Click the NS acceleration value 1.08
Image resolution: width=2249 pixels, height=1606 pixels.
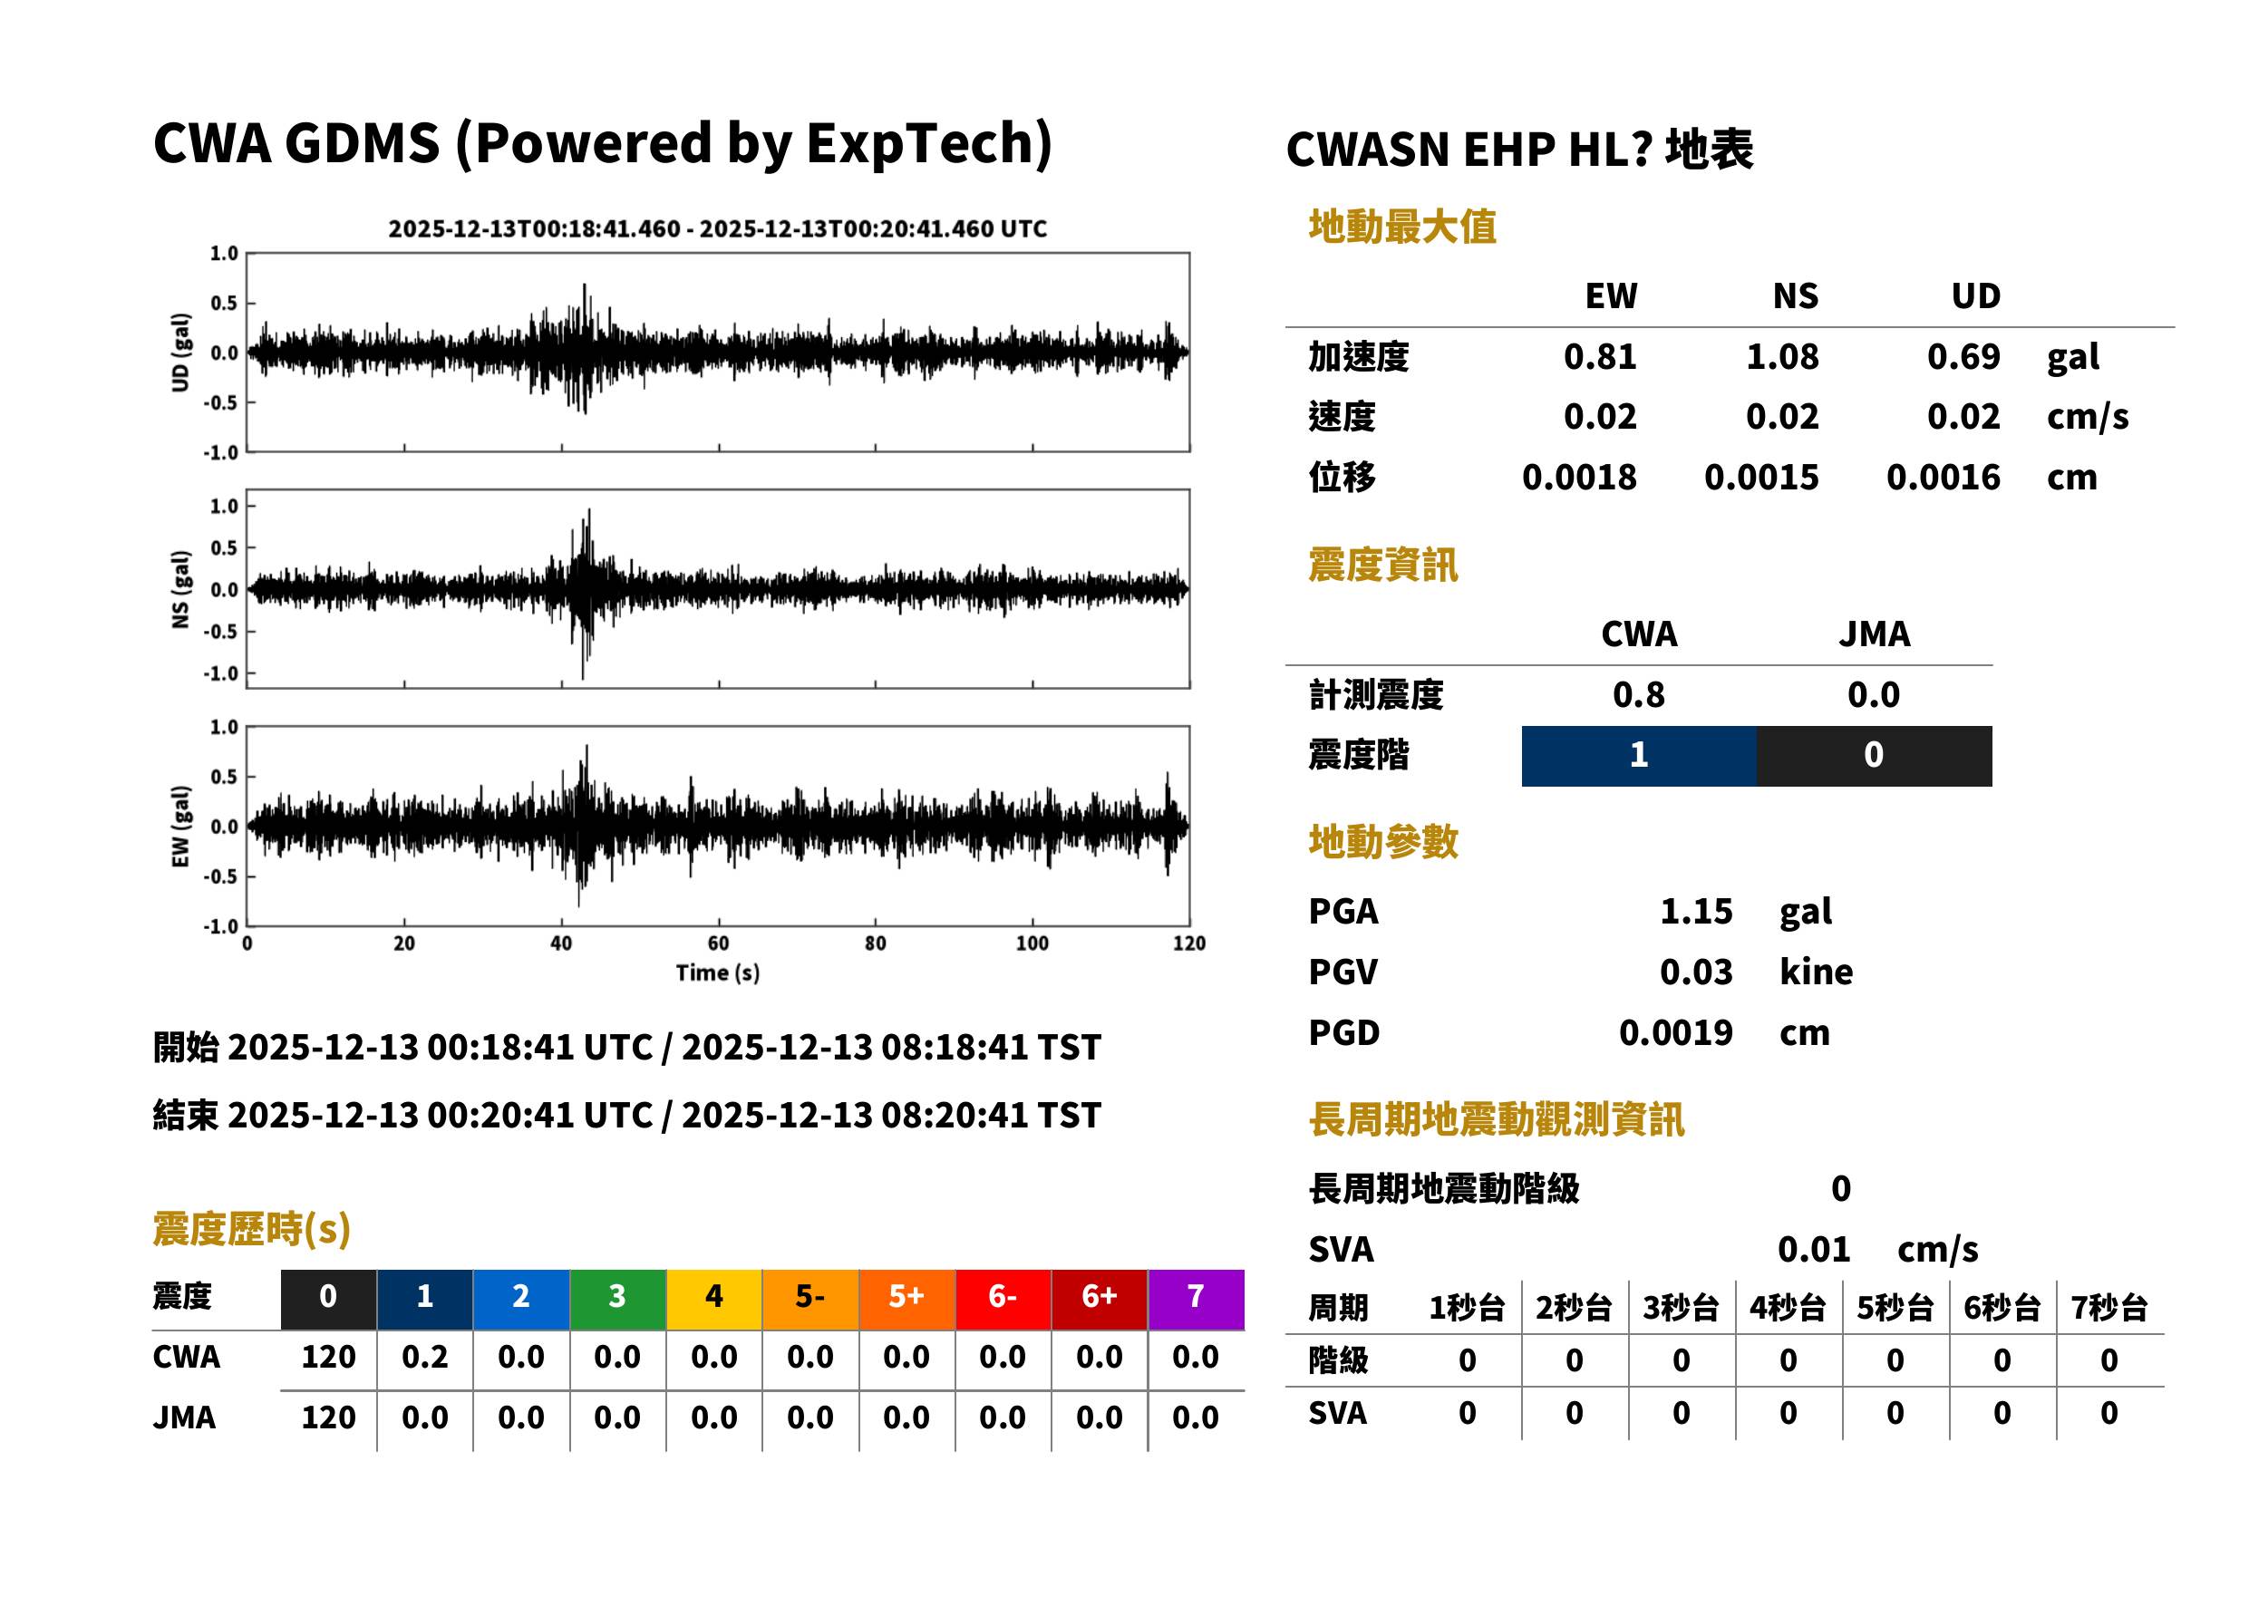1781,356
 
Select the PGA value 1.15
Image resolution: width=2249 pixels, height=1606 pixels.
1696,910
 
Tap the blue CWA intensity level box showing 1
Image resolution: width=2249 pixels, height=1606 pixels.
1639,756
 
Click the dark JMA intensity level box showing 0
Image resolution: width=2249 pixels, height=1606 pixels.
1875,756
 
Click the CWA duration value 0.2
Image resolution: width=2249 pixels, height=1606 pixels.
425,1357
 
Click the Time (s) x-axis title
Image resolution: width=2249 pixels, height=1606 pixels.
718,972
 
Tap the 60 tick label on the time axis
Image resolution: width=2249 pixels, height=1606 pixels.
718,943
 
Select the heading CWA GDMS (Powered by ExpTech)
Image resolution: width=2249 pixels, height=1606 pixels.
602,144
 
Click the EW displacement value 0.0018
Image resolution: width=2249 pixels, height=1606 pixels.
1579,477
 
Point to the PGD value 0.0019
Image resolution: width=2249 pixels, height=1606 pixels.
1676,1032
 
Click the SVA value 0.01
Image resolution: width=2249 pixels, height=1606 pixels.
1814,1249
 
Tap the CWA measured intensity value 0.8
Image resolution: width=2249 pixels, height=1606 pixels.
1639,694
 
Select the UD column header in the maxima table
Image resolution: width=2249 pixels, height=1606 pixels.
1975,295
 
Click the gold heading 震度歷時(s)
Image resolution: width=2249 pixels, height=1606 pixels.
252,1229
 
